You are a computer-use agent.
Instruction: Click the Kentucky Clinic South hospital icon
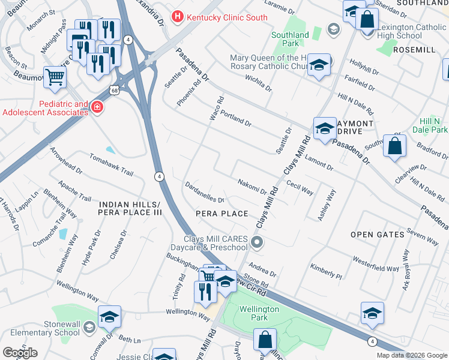[x=177, y=17]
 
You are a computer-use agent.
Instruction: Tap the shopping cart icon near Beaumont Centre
[x=55, y=77]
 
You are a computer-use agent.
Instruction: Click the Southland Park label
[x=289, y=40]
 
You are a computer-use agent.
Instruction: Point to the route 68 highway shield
[x=114, y=90]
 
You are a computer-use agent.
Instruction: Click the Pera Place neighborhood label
[x=222, y=214]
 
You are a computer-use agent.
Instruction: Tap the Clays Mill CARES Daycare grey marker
[x=257, y=243]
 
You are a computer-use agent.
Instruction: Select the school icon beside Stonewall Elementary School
[x=110, y=316]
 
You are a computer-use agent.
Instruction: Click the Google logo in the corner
[x=20, y=352]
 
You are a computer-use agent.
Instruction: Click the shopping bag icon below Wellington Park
[x=265, y=340]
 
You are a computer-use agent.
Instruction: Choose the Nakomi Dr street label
[x=252, y=187]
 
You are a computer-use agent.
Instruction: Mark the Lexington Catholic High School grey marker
[x=333, y=29]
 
